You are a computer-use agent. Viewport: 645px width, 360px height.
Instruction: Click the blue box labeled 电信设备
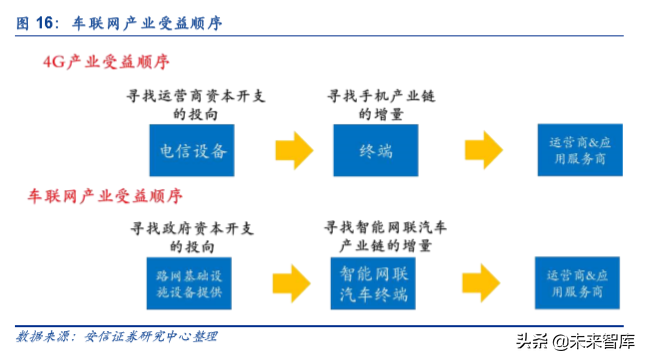(194, 151)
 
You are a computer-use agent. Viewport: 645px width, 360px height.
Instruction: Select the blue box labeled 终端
(375, 151)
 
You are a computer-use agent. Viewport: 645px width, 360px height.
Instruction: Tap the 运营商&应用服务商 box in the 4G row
(571, 151)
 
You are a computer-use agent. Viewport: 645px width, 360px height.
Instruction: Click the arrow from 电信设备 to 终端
(291, 151)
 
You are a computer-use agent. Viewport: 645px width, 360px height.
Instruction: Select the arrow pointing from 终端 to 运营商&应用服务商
(475, 151)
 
